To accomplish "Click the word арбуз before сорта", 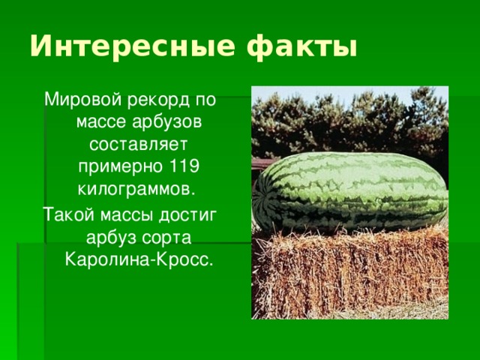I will pyautogui.click(x=112, y=238).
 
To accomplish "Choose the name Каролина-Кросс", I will pyautogui.click(x=138, y=259).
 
